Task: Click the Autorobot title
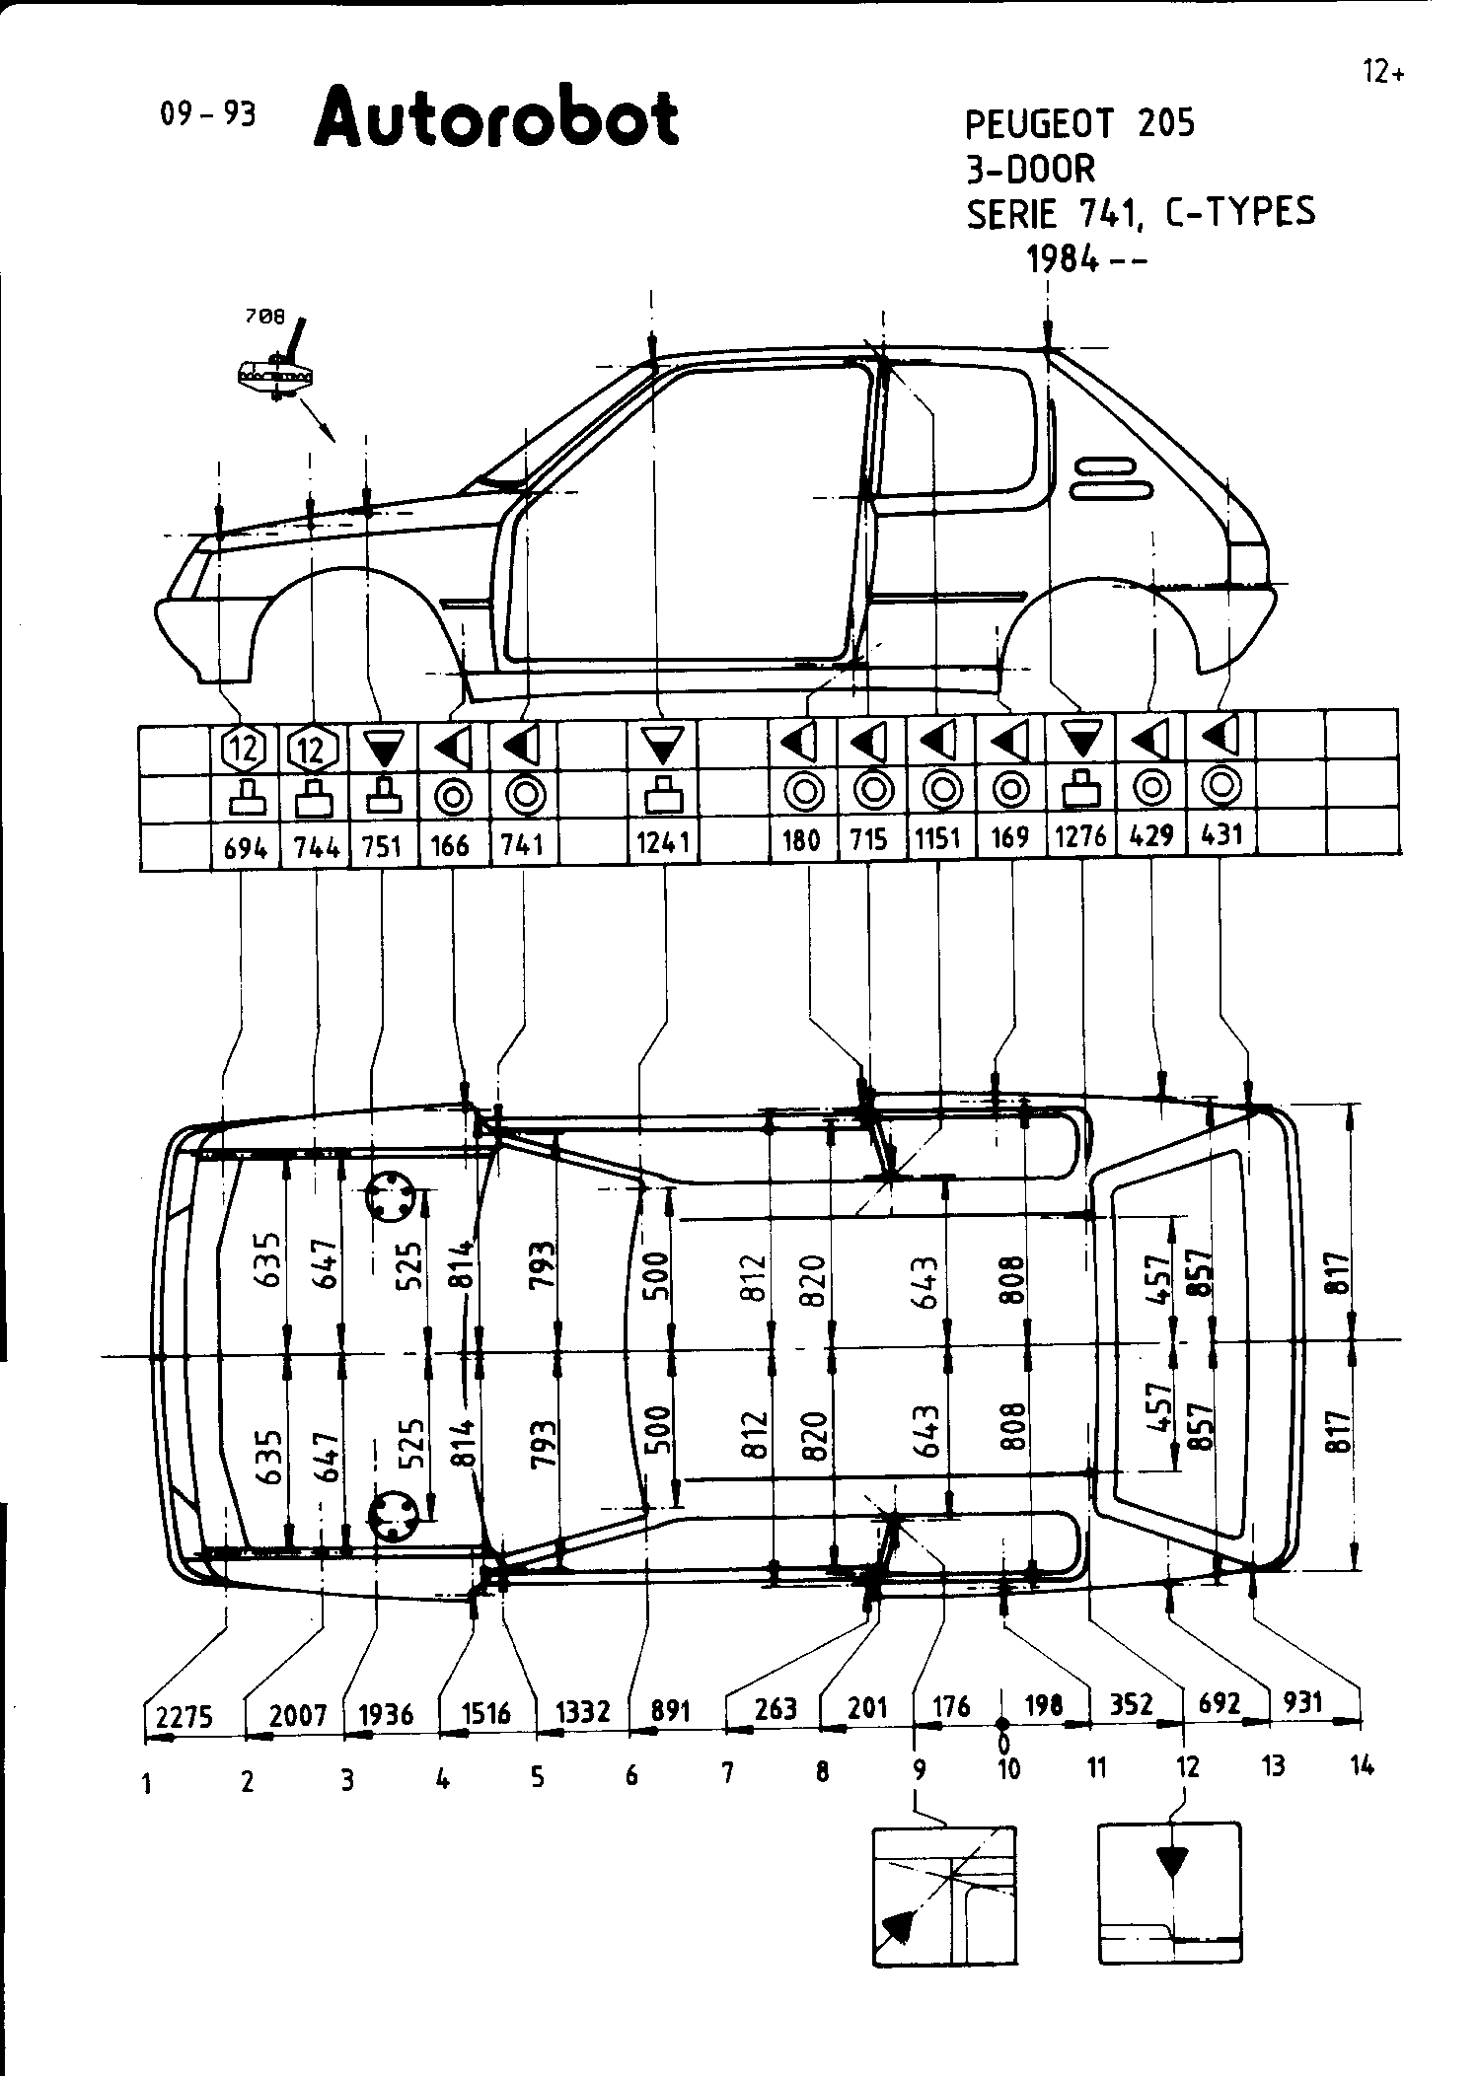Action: tap(496, 118)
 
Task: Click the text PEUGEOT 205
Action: tap(1079, 124)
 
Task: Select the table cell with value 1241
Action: tap(663, 844)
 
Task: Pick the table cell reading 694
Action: tap(246, 847)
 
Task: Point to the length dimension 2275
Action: tap(185, 1717)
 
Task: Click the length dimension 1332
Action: tap(583, 1711)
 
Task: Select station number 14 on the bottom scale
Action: tap(1362, 1765)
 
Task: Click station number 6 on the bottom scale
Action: tap(631, 1776)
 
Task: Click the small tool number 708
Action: tap(264, 318)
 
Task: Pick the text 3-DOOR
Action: tap(1030, 169)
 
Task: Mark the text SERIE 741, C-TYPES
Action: tap(1140, 213)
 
